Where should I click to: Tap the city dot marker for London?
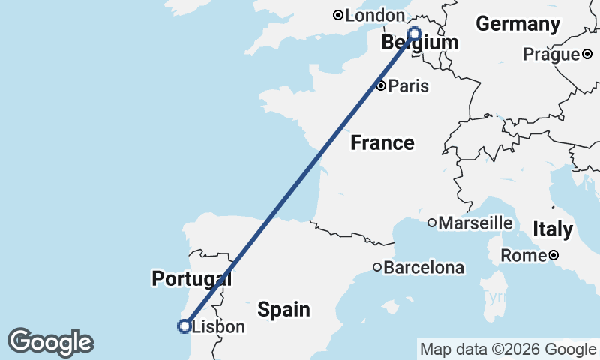338,15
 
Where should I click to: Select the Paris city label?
408,85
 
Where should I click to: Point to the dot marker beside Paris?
381,85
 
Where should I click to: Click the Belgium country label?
419,43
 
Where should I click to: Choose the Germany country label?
517,24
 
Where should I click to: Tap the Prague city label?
551,54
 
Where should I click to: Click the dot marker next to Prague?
587,54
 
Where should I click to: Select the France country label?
382,142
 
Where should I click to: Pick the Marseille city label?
475,223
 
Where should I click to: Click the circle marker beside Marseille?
432,223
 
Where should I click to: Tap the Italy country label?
552,229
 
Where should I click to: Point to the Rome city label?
524,256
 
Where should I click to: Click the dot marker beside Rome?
553,256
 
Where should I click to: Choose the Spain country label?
283,308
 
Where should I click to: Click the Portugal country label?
191,279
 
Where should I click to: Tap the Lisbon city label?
218,327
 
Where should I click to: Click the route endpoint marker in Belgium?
414,33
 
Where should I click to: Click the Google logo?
49,342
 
